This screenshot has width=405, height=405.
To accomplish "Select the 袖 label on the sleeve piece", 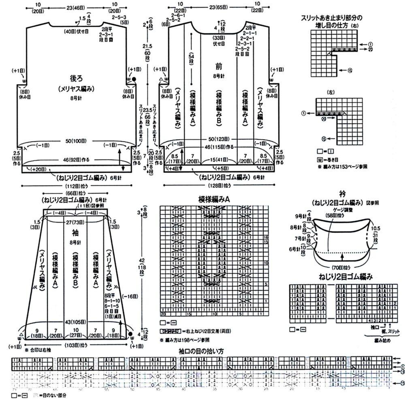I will pos(75,233).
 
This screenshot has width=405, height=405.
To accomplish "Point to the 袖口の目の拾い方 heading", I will pos(201,351).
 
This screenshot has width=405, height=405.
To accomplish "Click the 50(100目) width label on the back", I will pos(77,141).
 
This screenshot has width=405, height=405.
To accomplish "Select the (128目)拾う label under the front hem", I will pos(221,185).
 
